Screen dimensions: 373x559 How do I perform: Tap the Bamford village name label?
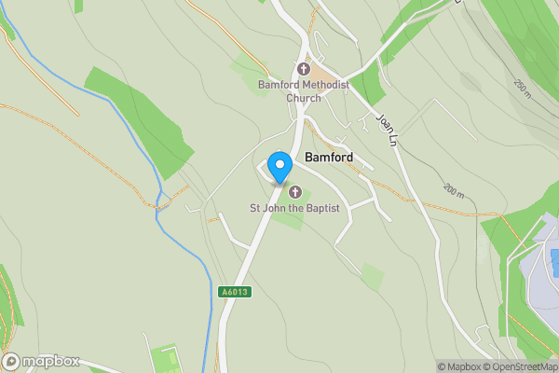coord(329,159)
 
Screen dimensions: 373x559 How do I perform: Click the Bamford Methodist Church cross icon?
coord(303,69)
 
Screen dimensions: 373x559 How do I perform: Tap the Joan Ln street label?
coord(387,129)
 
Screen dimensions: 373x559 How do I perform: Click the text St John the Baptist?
coord(293,207)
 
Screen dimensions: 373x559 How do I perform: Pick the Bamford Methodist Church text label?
coord(303,90)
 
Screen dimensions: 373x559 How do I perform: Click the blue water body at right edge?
coord(554,258)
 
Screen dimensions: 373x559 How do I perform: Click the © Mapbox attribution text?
coord(458,366)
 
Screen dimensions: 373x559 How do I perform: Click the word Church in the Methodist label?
coord(303,97)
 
